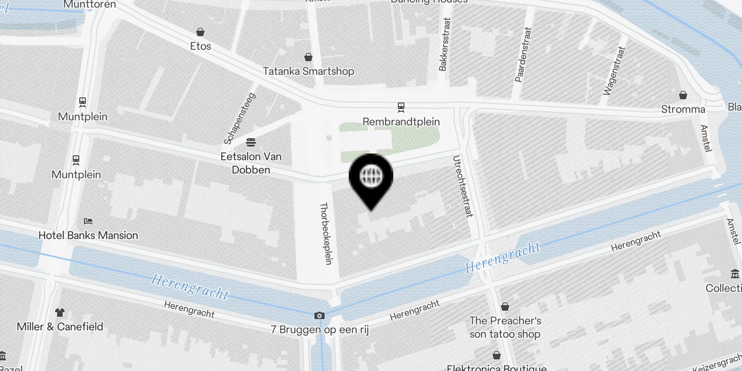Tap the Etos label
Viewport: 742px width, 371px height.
pyautogui.click(x=200, y=46)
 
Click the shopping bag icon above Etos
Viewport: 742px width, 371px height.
pyautogui.click(x=200, y=32)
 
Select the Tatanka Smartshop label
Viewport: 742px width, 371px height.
pyautogui.click(x=308, y=71)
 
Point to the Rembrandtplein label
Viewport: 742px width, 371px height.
pyautogui.click(x=401, y=122)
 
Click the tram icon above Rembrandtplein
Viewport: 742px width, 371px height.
pyautogui.click(x=401, y=108)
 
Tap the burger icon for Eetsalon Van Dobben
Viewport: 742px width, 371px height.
pyautogui.click(x=251, y=141)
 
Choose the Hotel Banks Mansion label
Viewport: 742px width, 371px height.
pyautogui.click(x=88, y=235)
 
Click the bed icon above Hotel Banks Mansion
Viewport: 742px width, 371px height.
pyautogui.click(x=88, y=221)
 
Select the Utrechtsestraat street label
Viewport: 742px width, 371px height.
pyautogui.click(x=463, y=186)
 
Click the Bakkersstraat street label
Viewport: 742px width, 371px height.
pyautogui.click(x=444, y=45)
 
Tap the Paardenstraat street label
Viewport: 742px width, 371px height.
pyautogui.click(x=523, y=55)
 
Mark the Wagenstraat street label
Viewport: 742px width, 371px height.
pyautogui.click(x=614, y=71)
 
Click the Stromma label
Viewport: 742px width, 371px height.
pyautogui.click(x=683, y=109)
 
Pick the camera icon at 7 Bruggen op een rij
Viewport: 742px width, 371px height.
pyautogui.click(x=319, y=316)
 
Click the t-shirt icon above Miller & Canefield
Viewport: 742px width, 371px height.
pyautogui.click(x=60, y=312)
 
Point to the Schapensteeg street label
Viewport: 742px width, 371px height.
pyautogui.click(x=240, y=119)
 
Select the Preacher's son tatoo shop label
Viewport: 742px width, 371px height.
pyautogui.click(x=505, y=327)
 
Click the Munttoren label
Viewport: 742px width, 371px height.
pyautogui.click(x=90, y=5)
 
